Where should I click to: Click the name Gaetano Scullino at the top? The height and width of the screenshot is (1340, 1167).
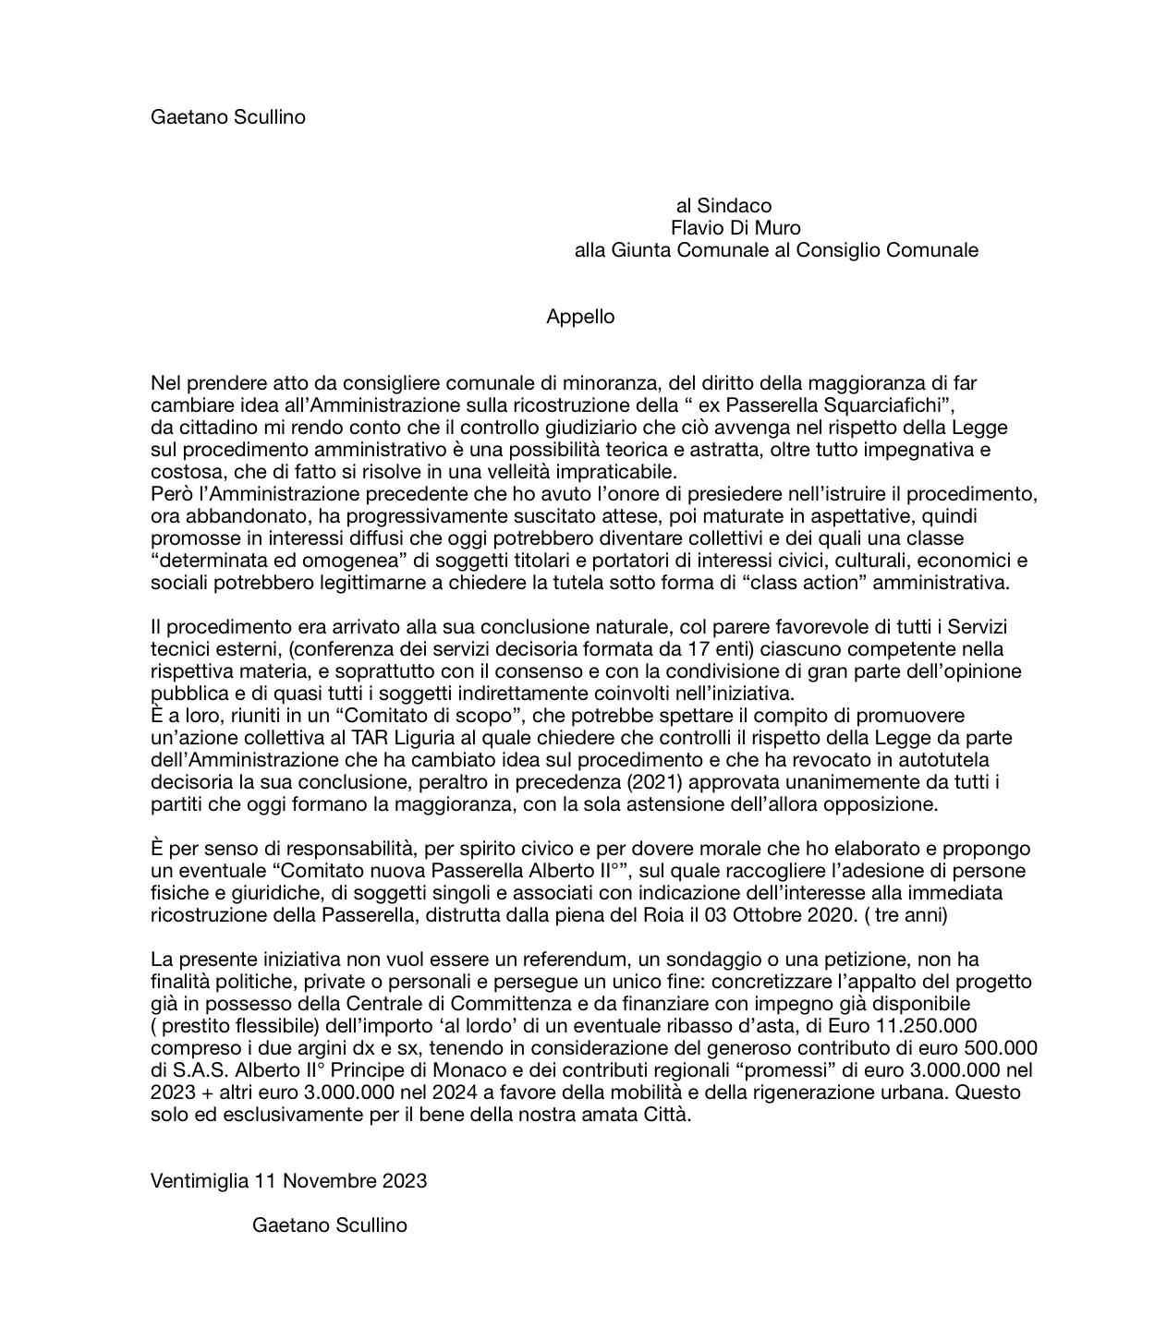coord(227,117)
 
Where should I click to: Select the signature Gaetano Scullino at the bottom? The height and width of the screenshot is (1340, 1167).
coord(329,1225)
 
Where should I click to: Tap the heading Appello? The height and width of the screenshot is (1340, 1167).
coord(580,317)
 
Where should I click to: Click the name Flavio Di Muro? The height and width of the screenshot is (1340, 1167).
coord(735,228)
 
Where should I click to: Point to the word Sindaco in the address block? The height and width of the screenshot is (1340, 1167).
coord(734,206)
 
